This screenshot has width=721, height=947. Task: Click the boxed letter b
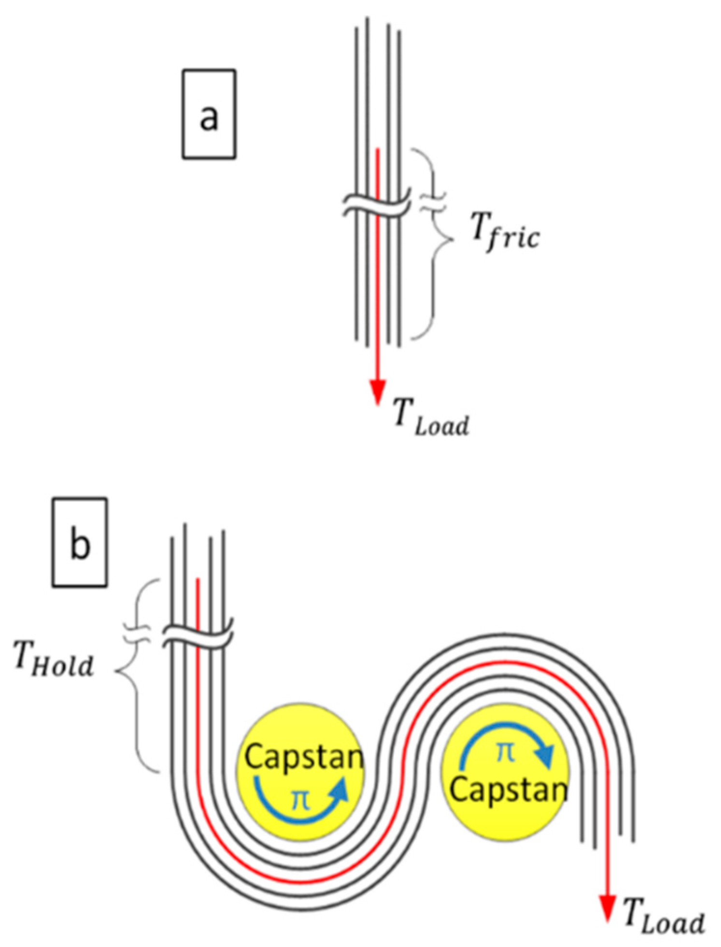pyautogui.click(x=80, y=542)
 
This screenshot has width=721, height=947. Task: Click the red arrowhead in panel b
pyautogui.click(x=608, y=906)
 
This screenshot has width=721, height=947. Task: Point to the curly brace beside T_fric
pyautogui.click(x=435, y=242)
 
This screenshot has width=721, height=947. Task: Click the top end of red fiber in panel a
pyautogui.click(x=378, y=150)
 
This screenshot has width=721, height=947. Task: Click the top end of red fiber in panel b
pyautogui.click(x=197, y=579)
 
